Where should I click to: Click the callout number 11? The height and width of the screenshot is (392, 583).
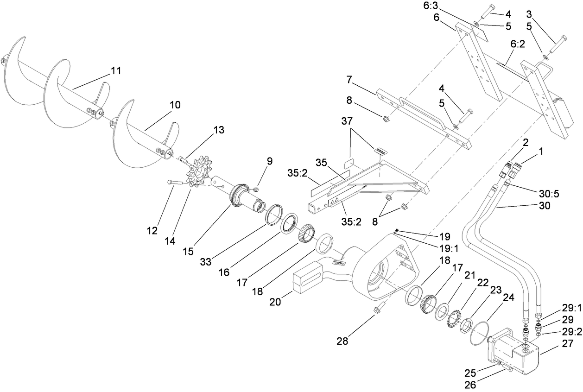(115, 71)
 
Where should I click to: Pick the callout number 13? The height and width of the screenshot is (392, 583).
(219, 130)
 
